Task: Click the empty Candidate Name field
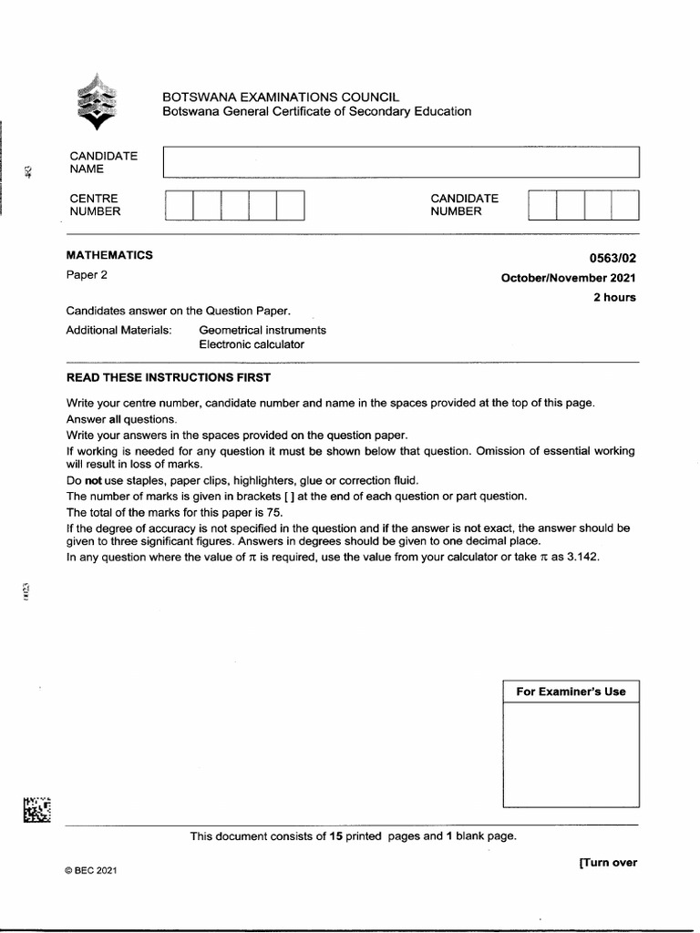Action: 401,161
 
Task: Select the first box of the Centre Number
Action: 180,205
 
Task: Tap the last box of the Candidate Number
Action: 625,205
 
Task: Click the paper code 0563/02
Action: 612,257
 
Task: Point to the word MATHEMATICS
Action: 109,255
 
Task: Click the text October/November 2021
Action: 569,278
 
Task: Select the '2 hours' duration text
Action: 614,297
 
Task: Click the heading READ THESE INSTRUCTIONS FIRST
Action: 168,376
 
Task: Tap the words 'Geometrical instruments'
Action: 262,330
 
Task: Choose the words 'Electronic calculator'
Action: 252,344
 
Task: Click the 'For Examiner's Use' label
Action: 571,692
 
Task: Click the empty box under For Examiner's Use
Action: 571,754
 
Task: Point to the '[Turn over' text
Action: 607,863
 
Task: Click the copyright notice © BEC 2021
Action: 91,870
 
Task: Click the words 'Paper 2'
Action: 87,275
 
